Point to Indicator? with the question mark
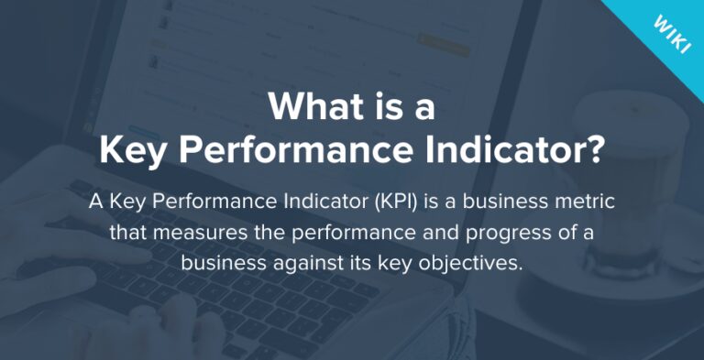pyautogui.click(x=528, y=150)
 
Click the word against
pyautogui.click(x=298, y=263)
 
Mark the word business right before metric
pyautogui.click(x=501, y=201)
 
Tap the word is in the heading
pyautogui.click(x=388, y=109)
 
